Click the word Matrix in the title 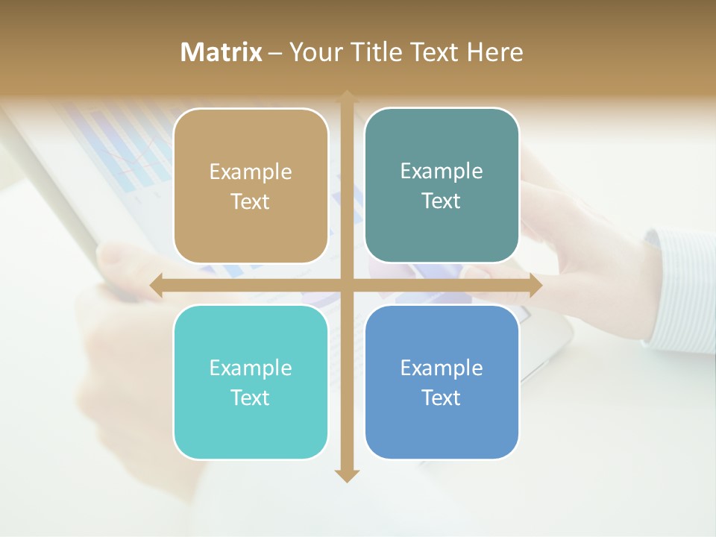(221, 52)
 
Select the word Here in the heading (495, 52)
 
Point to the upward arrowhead (346, 96)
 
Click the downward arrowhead (346, 475)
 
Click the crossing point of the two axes (346, 286)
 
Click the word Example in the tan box (251, 172)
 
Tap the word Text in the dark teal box (442, 201)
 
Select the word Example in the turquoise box (251, 368)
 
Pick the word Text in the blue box (442, 398)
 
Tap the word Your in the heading (314, 52)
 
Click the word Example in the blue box (442, 368)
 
